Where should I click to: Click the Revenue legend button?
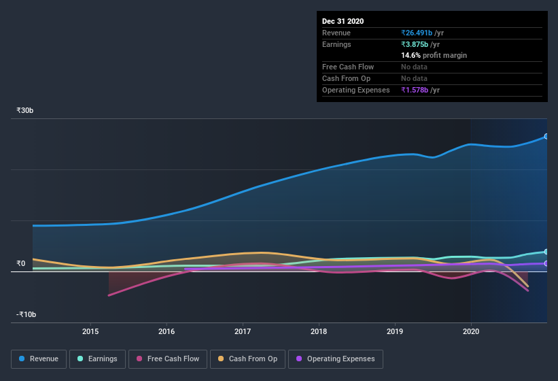39,359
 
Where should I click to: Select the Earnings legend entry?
97,359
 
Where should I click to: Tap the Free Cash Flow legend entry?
167,359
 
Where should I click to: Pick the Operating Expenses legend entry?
335,359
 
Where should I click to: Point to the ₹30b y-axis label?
25,110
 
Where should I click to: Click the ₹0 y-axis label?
21,263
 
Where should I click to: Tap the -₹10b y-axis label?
26,314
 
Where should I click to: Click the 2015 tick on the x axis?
90,331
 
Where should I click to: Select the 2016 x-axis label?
167,331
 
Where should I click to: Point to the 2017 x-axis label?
243,331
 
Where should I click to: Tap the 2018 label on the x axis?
318,331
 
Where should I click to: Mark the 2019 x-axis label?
394,331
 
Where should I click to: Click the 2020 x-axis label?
470,331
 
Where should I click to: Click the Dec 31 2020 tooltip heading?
343,21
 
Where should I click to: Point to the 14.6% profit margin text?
434,55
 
